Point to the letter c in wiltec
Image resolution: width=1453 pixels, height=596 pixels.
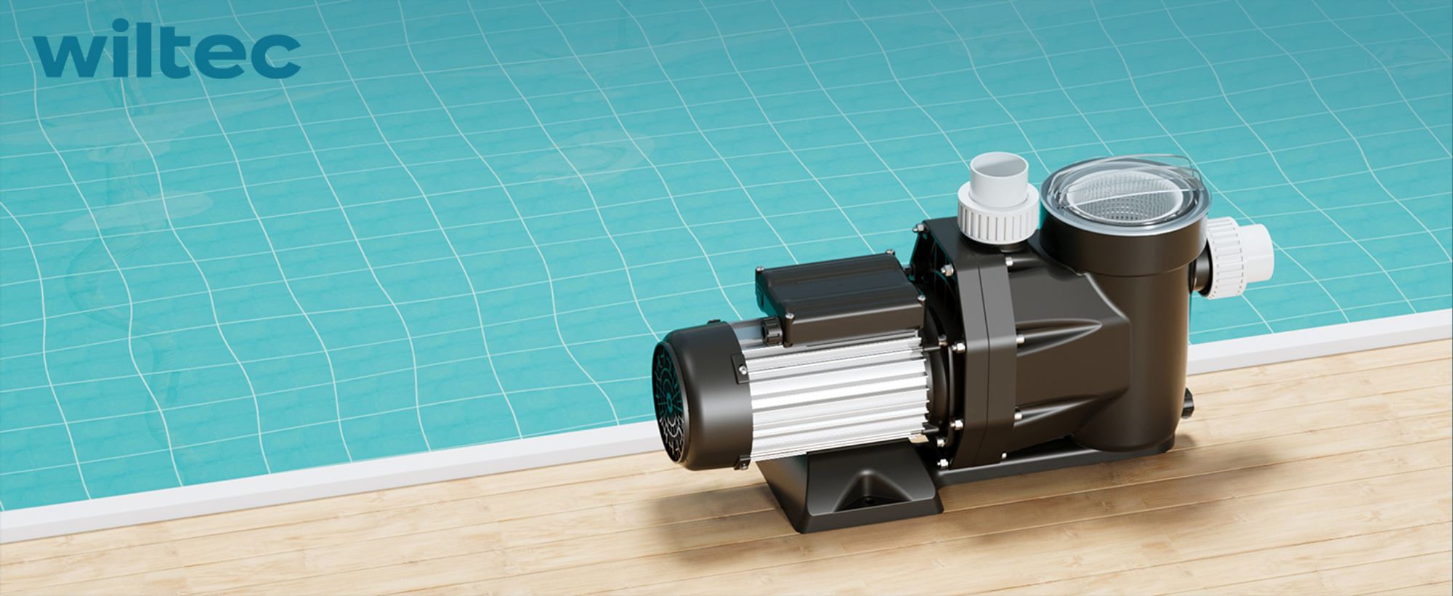pos(278,59)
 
